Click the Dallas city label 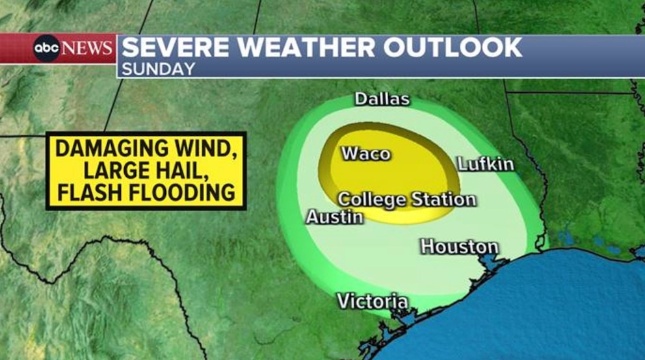pos(382,99)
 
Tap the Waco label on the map pos(366,154)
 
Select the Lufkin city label pos(486,164)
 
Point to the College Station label pos(407,199)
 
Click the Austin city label pos(334,217)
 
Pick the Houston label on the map pos(459,246)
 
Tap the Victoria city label pos(373,301)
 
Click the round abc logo pos(47,48)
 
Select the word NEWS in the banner pos(88,48)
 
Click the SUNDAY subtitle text pos(158,68)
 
